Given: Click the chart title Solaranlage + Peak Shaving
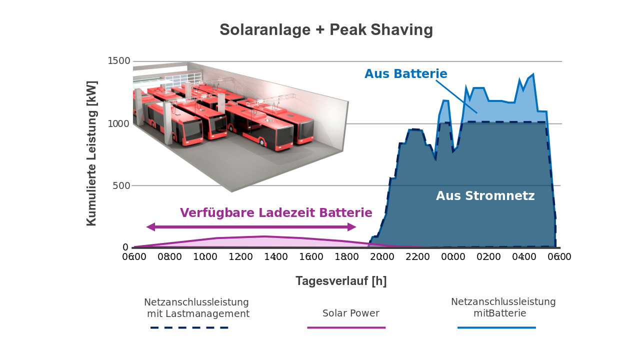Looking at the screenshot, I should tap(326, 30).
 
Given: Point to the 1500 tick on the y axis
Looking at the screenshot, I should tap(119, 61).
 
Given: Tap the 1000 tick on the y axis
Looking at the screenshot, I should tap(119, 123).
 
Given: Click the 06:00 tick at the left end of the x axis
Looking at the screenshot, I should tap(134, 257).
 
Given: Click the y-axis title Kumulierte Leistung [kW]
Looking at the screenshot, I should tap(91, 153).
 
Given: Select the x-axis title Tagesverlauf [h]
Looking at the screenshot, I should tap(341, 281).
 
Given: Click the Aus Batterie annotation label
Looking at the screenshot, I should tap(405, 74).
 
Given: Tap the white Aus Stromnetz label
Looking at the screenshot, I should tap(485, 196).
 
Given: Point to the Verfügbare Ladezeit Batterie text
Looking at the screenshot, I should tap(276, 213).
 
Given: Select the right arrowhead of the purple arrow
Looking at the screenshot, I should tap(352, 227).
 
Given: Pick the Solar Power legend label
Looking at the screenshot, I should tap(350, 313).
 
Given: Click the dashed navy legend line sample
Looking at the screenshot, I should tap(189, 327).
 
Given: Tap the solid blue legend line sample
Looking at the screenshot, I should tap(496, 327).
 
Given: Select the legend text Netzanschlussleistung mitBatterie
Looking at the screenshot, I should tap(503, 307).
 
